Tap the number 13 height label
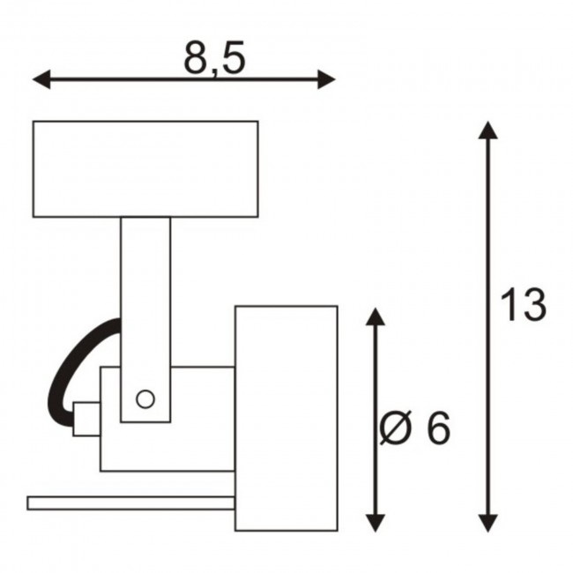(x=523, y=304)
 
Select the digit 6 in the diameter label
(x=438, y=428)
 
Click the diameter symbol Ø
(x=396, y=428)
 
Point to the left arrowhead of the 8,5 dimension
(x=41, y=79)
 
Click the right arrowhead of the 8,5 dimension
(x=326, y=79)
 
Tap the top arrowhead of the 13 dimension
(x=487, y=130)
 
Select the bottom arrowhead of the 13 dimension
(x=487, y=524)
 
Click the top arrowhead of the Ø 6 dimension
(x=376, y=316)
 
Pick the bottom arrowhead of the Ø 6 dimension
(x=376, y=524)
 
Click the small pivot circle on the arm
(x=145, y=399)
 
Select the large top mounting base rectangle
(x=145, y=169)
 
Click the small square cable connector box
(x=86, y=419)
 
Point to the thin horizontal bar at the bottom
(x=130, y=503)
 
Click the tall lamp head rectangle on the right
(x=286, y=418)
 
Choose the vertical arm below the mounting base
(x=145, y=320)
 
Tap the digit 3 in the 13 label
(x=533, y=305)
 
